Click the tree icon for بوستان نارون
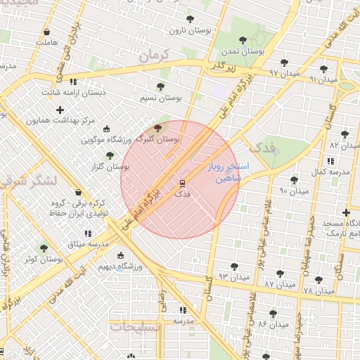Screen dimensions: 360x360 coord(188,20)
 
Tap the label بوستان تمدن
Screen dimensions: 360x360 coord(243,51)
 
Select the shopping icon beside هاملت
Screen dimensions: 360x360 coord(46,32)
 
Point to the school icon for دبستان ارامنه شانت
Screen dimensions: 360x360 coord(73,82)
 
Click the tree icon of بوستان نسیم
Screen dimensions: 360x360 coord(161,87)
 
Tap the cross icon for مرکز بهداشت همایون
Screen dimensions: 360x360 coord(60,110)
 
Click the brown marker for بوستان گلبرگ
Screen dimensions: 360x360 coord(156,128)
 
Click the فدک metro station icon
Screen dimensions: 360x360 coord(182,182)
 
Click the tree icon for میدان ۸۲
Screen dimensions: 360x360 coord(345,134)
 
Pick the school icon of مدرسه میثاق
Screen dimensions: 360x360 coord(88,233)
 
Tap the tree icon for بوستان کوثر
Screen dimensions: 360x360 coord(44,248)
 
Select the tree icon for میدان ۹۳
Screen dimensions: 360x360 coord(234,266)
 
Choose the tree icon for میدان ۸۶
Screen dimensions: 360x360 coord(273,313)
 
